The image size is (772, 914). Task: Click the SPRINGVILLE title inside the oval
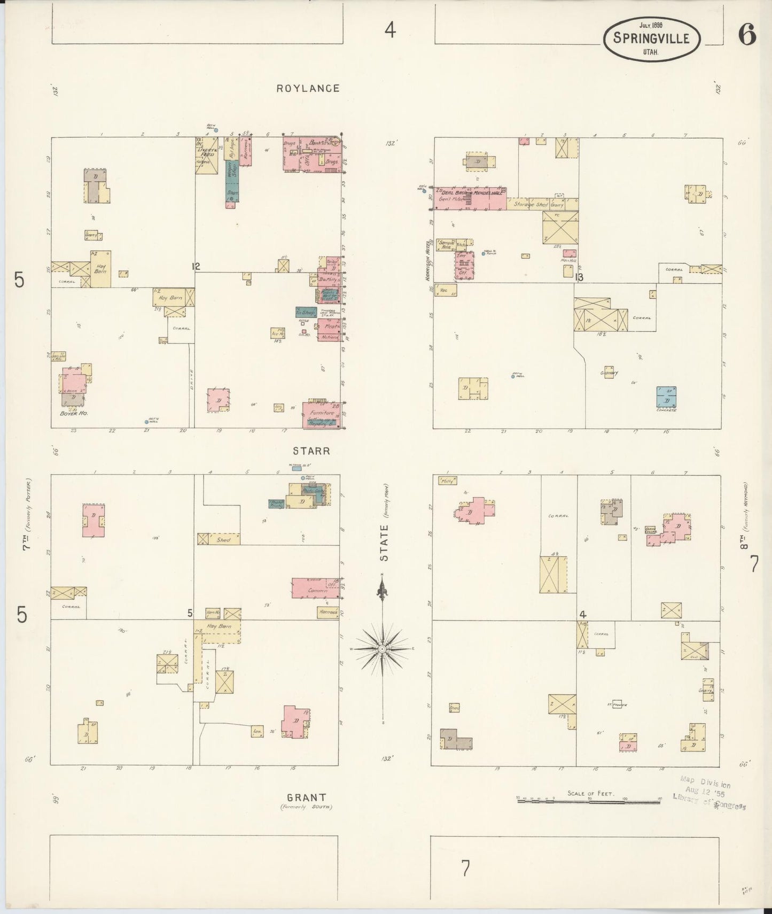[x=651, y=38]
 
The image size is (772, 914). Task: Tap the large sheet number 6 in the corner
[x=747, y=36]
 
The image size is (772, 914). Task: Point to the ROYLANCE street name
[x=308, y=88]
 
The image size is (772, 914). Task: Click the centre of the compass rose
[x=382, y=648]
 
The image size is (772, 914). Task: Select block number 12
[x=197, y=266]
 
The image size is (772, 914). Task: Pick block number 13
[x=579, y=277]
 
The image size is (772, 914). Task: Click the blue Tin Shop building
[x=306, y=312]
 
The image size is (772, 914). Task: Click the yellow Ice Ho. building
[x=277, y=333]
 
